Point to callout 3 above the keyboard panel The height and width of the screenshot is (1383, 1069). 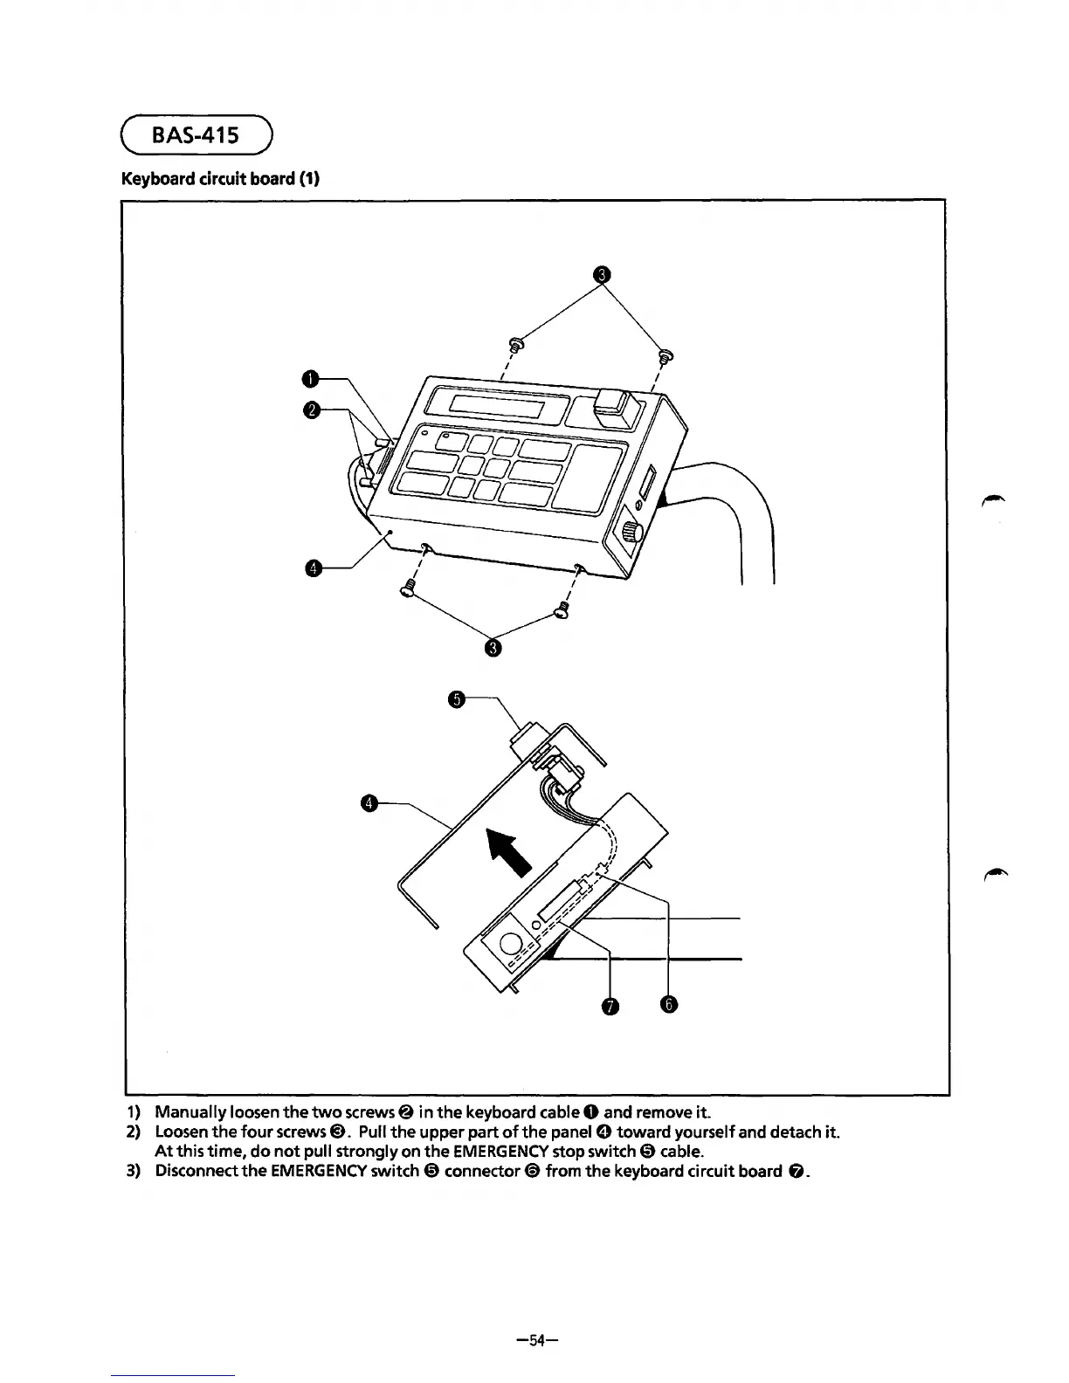(600, 276)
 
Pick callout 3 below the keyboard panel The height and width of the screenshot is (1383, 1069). (493, 647)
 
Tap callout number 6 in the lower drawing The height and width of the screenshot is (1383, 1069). (668, 1006)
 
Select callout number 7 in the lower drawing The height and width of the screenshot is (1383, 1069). (610, 1008)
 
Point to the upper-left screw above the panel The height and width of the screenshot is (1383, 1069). (515, 345)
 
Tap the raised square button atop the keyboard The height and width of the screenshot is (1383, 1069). (615, 407)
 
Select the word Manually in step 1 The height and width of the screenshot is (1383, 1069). (189, 1112)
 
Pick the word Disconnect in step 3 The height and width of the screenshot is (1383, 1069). (197, 1170)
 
